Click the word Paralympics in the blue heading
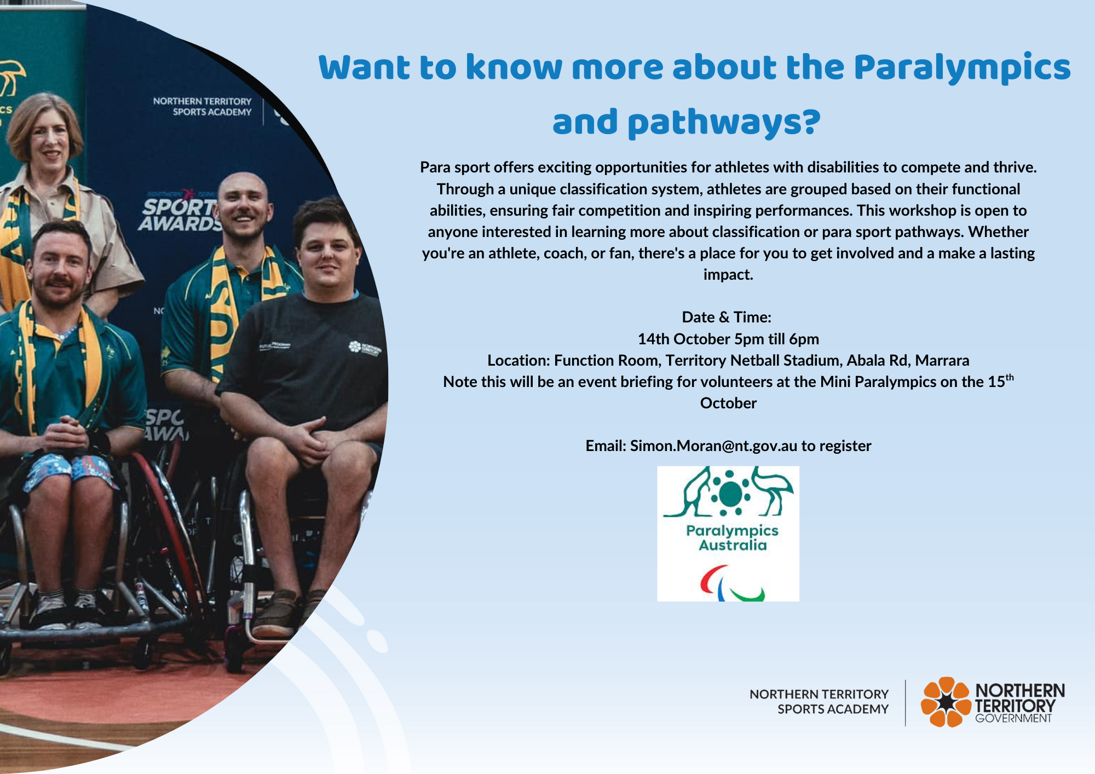click(x=961, y=68)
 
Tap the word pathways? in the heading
click(x=724, y=123)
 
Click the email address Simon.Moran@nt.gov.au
click(x=713, y=446)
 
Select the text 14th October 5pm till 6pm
click(x=728, y=339)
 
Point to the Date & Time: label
click(x=727, y=317)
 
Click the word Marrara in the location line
click(x=942, y=361)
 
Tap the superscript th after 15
click(x=1010, y=377)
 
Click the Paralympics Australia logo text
click(x=732, y=538)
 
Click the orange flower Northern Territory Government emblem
click(x=946, y=702)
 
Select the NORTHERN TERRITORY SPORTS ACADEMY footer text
click(x=819, y=702)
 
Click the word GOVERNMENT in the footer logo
click(x=1013, y=719)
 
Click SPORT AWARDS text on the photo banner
click(x=178, y=215)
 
